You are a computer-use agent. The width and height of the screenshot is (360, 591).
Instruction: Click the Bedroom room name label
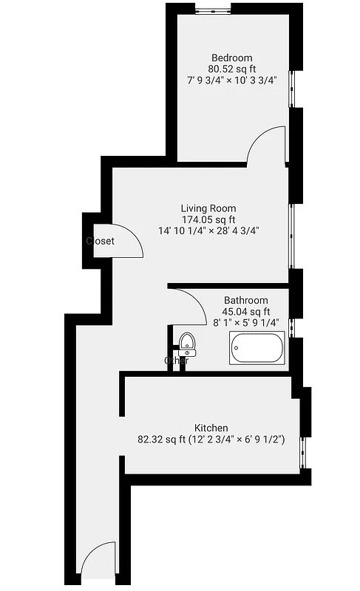[x=231, y=58]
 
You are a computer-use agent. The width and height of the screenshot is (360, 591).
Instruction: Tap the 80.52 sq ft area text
[x=231, y=69]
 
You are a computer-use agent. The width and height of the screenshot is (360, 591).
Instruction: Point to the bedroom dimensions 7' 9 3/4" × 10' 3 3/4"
[x=231, y=81]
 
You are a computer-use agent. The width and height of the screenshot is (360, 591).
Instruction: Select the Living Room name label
[x=208, y=208]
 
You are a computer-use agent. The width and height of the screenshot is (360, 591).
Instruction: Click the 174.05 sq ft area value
[x=208, y=219]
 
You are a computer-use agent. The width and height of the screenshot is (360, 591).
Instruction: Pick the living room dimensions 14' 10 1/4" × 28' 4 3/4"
[x=208, y=230]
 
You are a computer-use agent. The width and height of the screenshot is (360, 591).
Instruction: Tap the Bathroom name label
[x=246, y=301]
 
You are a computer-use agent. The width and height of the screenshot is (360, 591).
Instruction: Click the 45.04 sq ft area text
[x=246, y=312]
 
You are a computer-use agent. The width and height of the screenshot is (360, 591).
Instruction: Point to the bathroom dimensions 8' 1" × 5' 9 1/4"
[x=246, y=323]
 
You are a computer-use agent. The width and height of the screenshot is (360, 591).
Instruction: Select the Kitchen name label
[x=211, y=428]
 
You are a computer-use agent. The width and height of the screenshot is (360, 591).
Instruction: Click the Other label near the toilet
[x=176, y=361]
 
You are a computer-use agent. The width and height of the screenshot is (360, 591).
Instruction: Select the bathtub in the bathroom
[x=257, y=349]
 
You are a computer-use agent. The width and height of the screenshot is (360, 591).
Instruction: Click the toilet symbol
[x=188, y=344]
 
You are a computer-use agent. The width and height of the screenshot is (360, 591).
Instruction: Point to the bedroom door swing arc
[x=265, y=143]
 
